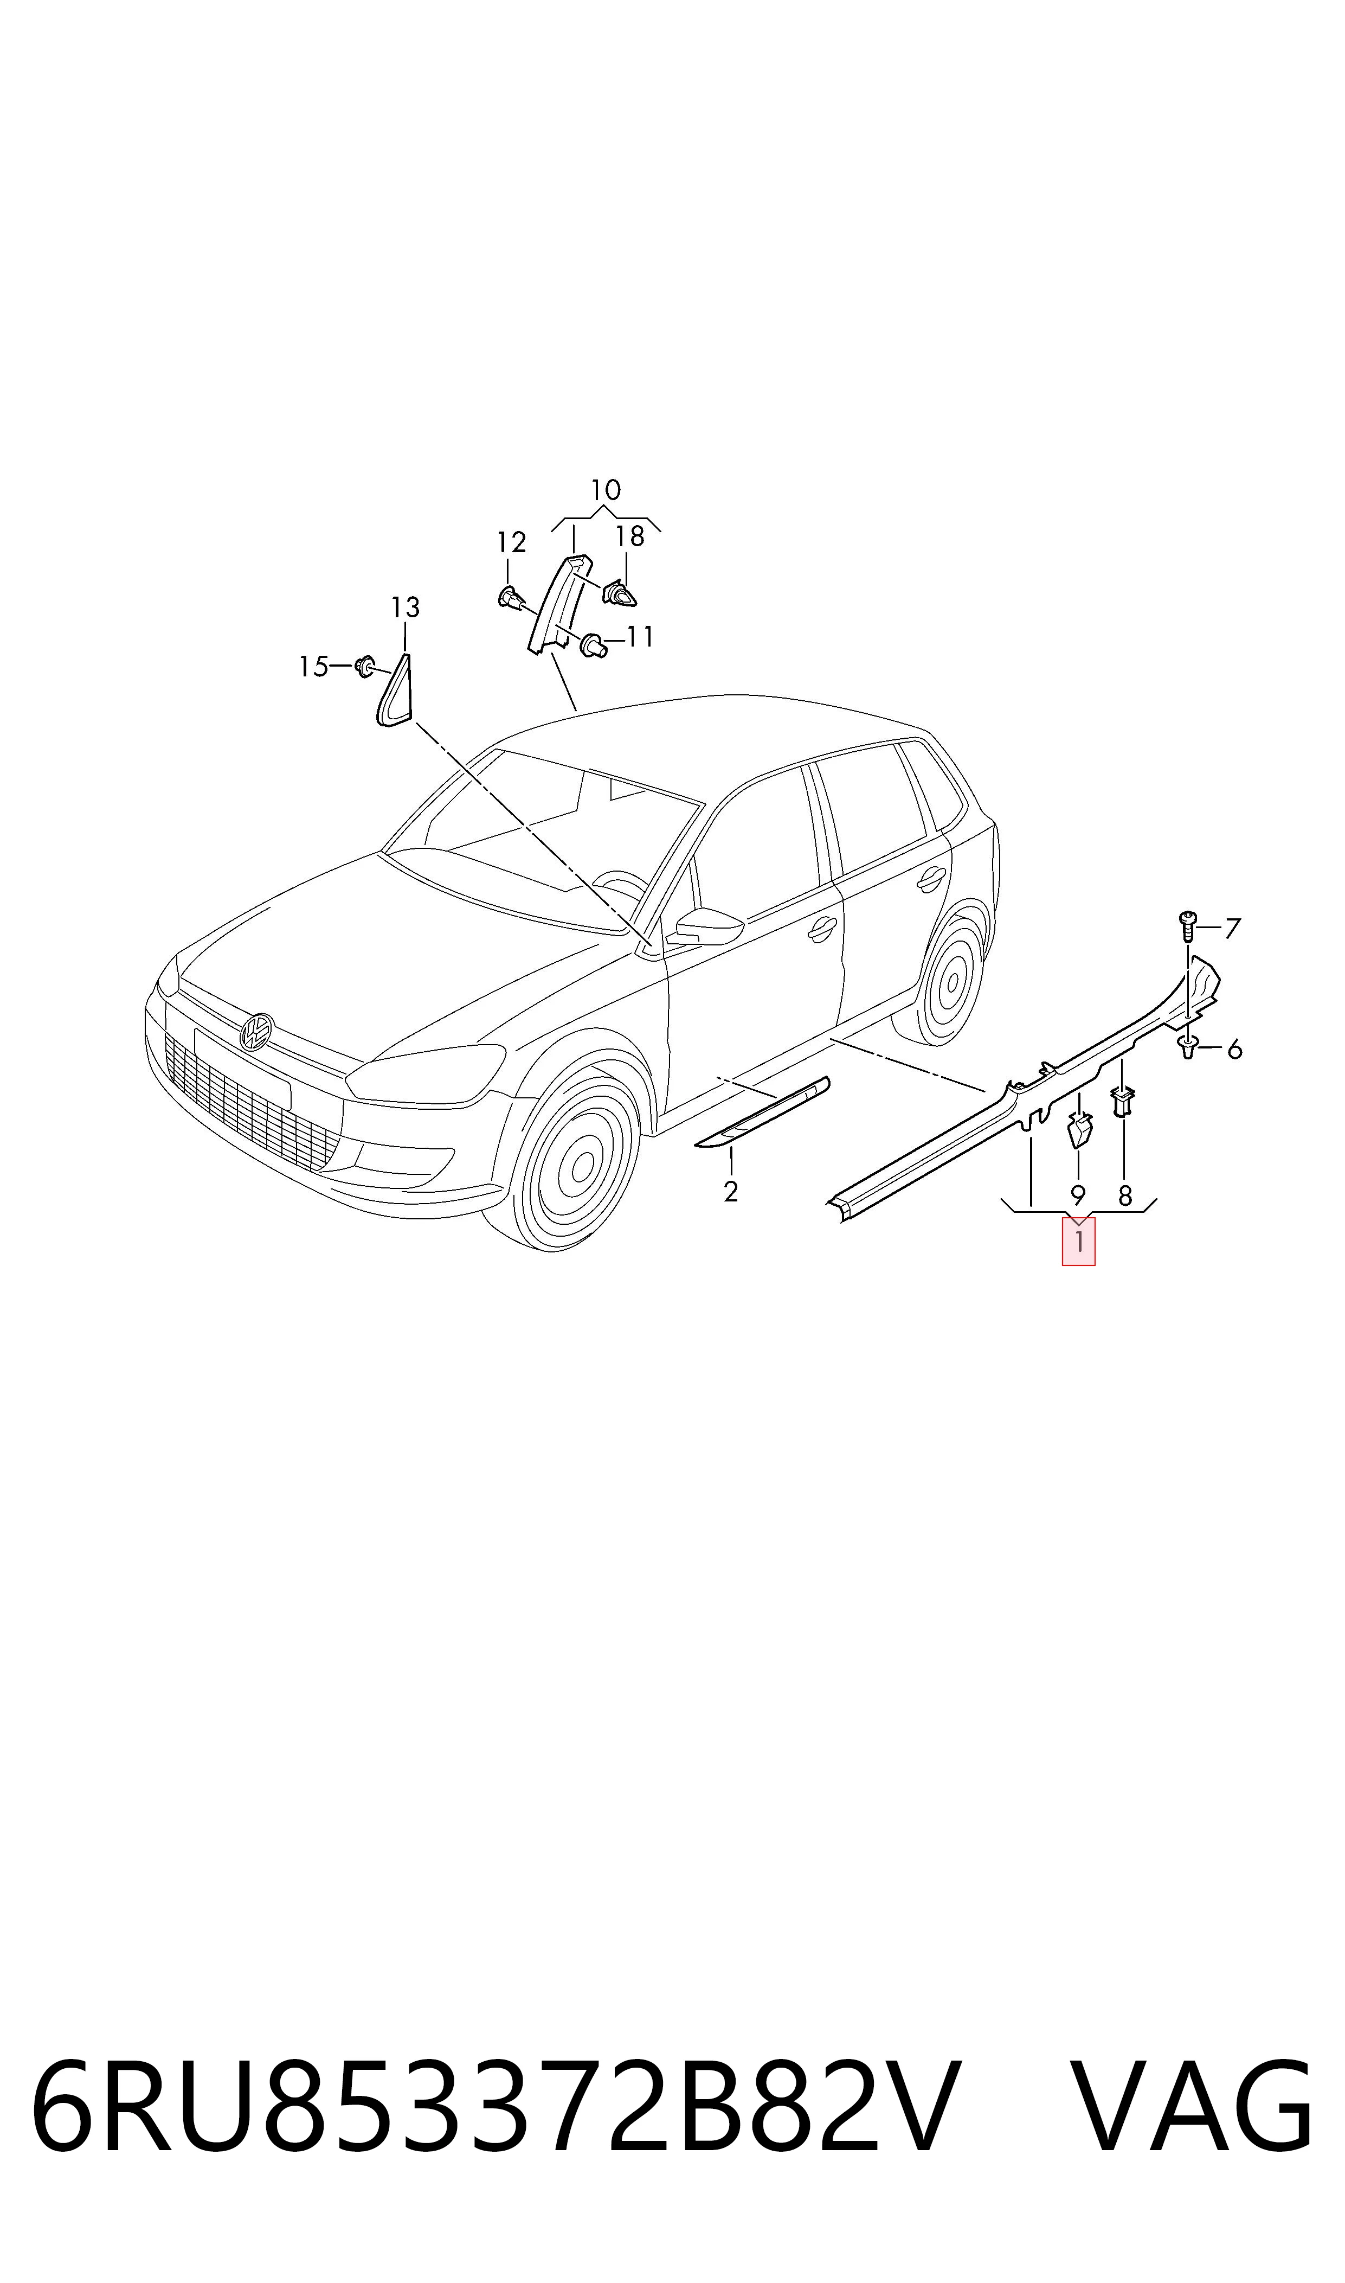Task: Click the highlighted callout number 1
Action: click(x=1078, y=1241)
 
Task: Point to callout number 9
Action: click(x=1078, y=1196)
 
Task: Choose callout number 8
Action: click(x=1125, y=1196)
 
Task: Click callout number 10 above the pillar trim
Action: click(x=606, y=490)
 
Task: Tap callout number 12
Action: click(x=511, y=542)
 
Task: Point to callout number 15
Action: click(x=313, y=667)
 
